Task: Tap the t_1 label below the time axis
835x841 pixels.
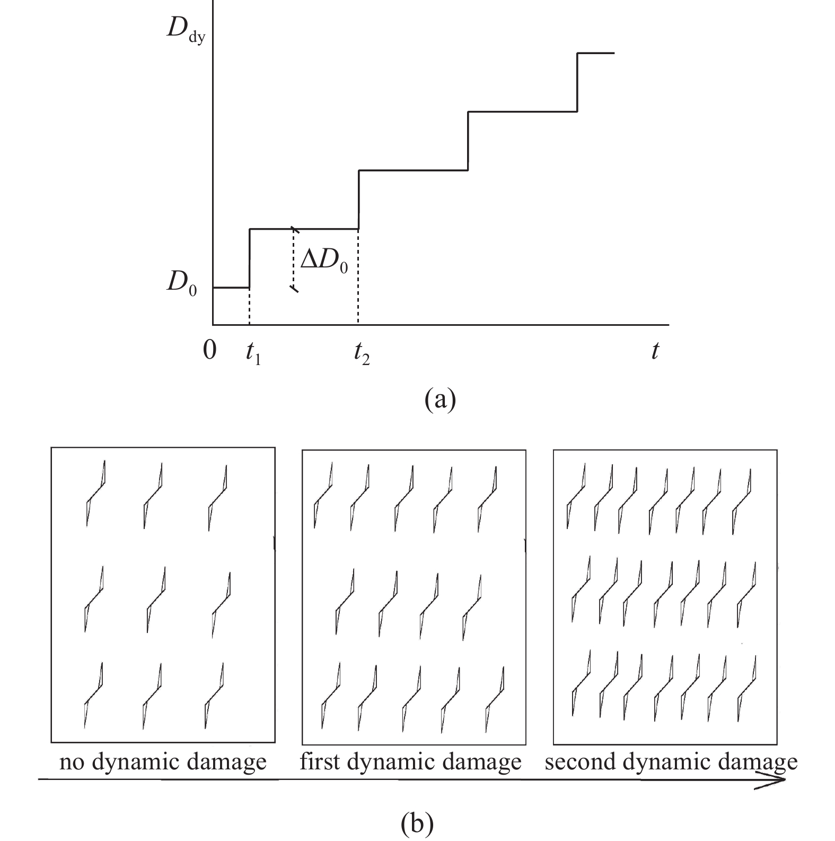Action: (x=253, y=354)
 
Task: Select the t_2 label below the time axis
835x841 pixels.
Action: (x=362, y=354)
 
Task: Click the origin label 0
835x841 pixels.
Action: (x=210, y=350)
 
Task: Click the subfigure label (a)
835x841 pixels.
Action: (x=440, y=400)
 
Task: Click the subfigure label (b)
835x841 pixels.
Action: (x=417, y=823)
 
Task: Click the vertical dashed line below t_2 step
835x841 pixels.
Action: (x=358, y=276)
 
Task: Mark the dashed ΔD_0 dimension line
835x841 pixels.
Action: (x=293, y=259)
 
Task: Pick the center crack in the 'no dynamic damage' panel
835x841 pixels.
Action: (x=155, y=600)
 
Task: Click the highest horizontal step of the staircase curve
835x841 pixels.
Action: (x=595, y=53)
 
